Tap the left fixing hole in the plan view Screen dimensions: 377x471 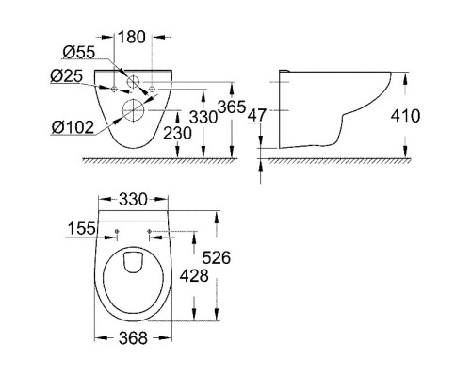point(116,231)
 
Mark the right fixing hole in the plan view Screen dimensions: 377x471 point(151,231)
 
